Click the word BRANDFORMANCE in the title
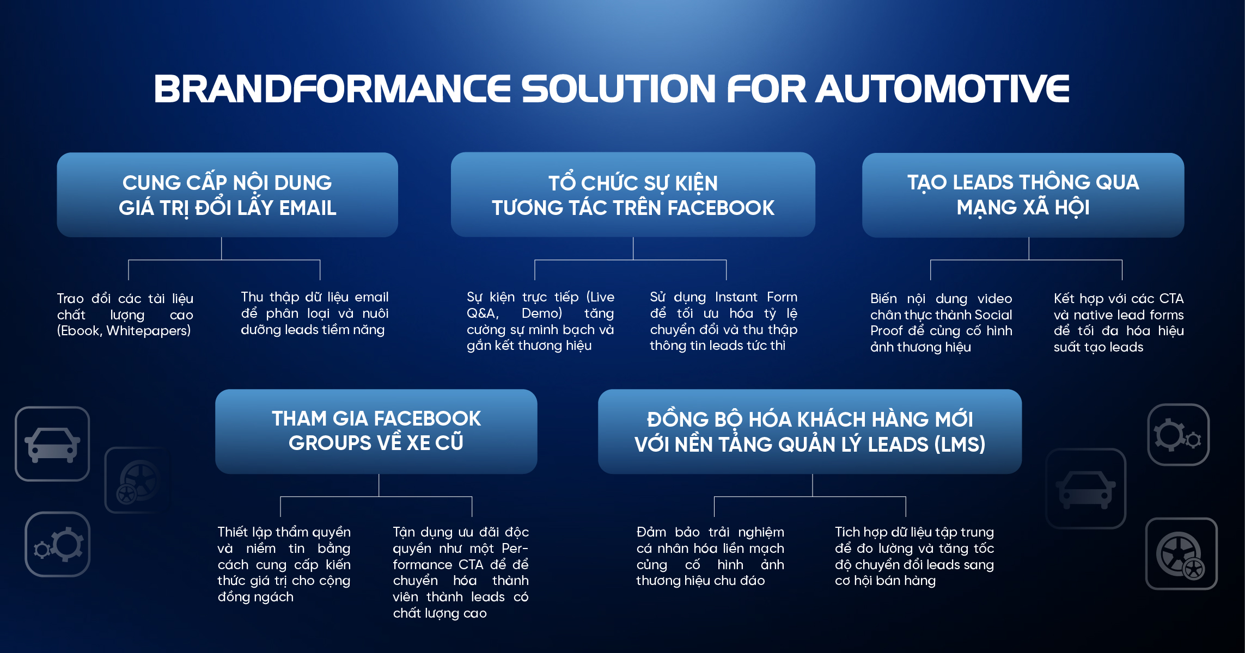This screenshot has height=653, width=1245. point(332,89)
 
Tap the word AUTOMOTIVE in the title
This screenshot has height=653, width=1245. point(942,89)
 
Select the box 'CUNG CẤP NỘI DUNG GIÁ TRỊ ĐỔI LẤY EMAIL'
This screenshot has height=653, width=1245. point(227,195)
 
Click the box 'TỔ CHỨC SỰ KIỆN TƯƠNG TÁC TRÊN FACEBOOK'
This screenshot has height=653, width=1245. point(633,195)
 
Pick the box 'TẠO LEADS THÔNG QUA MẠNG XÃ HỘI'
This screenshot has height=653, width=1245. point(1023,195)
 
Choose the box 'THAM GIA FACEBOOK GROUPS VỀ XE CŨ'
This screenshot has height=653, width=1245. point(376,432)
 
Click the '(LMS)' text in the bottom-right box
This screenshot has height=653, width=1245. point(960,445)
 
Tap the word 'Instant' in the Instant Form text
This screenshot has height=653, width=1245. point(736,297)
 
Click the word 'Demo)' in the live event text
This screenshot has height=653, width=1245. point(542,313)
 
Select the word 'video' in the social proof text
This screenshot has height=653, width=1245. point(994,299)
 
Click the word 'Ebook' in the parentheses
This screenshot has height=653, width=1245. point(79,331)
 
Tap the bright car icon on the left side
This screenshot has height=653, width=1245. point(52,444)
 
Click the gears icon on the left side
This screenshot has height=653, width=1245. point(58,544)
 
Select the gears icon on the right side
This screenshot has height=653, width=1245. point(1179,435)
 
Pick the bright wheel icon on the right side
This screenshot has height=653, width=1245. point(1181,554)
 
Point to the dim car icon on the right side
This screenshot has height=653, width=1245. point(1086,489)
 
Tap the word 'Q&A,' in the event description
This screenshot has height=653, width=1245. point(483,313)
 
